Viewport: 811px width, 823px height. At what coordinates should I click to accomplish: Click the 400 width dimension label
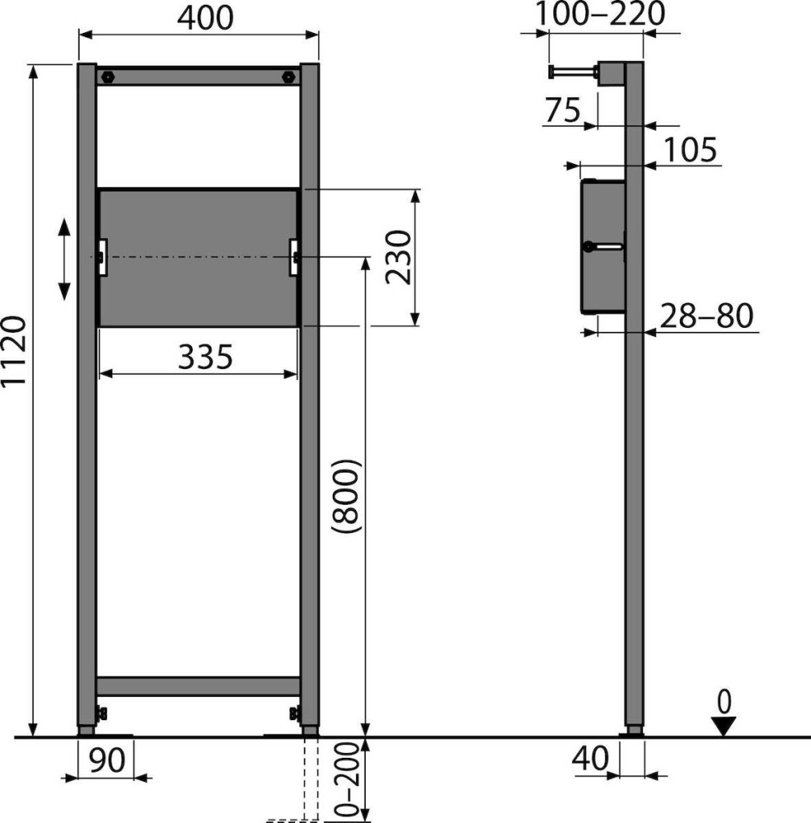(x=205, y=18)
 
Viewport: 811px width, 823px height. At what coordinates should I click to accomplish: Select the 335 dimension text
(x=205, y=357)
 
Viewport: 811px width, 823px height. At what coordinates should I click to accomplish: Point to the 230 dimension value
(x=397, y=257)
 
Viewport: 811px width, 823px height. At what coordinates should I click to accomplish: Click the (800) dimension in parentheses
(x=347, y=496)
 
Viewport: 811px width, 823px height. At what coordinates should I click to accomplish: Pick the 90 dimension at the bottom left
(x=107, y=760)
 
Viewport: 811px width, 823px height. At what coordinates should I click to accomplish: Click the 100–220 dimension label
(x=600, y=14)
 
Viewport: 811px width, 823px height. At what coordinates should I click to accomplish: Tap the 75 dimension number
(x=563, y=110)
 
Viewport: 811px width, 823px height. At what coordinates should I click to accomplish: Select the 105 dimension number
(x=690, y=149)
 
